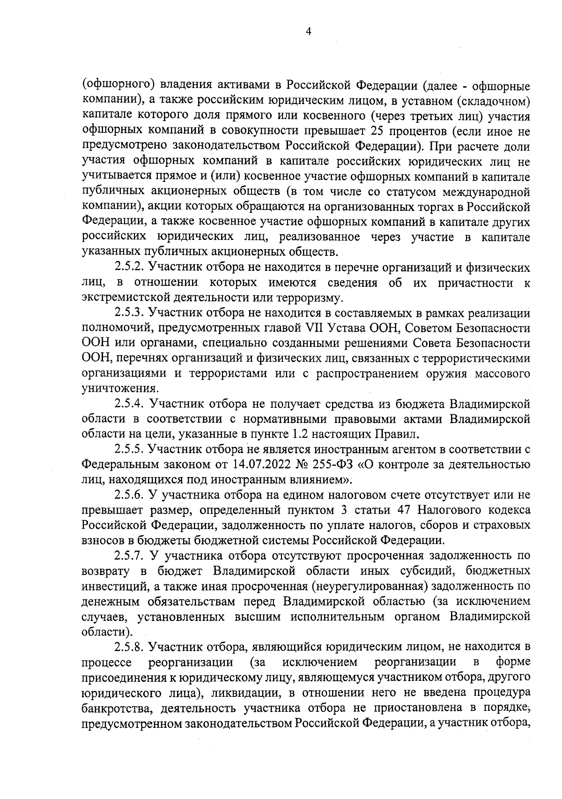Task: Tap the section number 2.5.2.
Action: pyautogui.click(x=129, y=268)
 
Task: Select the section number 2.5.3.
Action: pyautogui.click(x=129, y=314)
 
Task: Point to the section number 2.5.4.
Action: pyautogui.click(x=129, y=404)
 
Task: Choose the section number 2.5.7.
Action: pyautogui.click(x=129, y=556)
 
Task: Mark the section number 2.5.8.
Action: pyautogui.click(x=129, y=647)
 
